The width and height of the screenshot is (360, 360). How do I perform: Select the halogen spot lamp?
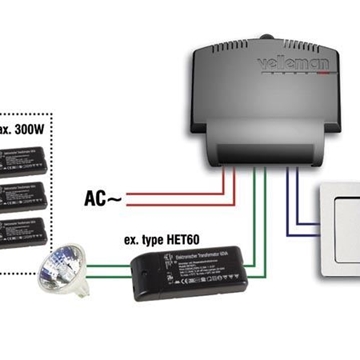[x=62, y=269]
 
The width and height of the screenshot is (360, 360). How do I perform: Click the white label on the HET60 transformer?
[x=185, y=264]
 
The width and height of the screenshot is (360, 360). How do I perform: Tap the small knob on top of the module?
[x=267, y=39]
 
